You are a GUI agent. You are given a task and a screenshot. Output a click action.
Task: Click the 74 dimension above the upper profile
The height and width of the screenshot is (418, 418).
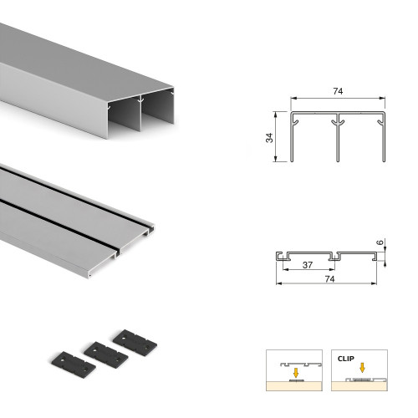(338, 91)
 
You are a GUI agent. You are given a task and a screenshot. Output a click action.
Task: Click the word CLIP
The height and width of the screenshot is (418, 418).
(345, 359)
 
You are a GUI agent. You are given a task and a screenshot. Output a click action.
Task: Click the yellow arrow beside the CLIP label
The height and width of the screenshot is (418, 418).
(362, 365)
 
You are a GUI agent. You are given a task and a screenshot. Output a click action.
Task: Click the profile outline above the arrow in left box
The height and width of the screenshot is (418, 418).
(294, 363)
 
